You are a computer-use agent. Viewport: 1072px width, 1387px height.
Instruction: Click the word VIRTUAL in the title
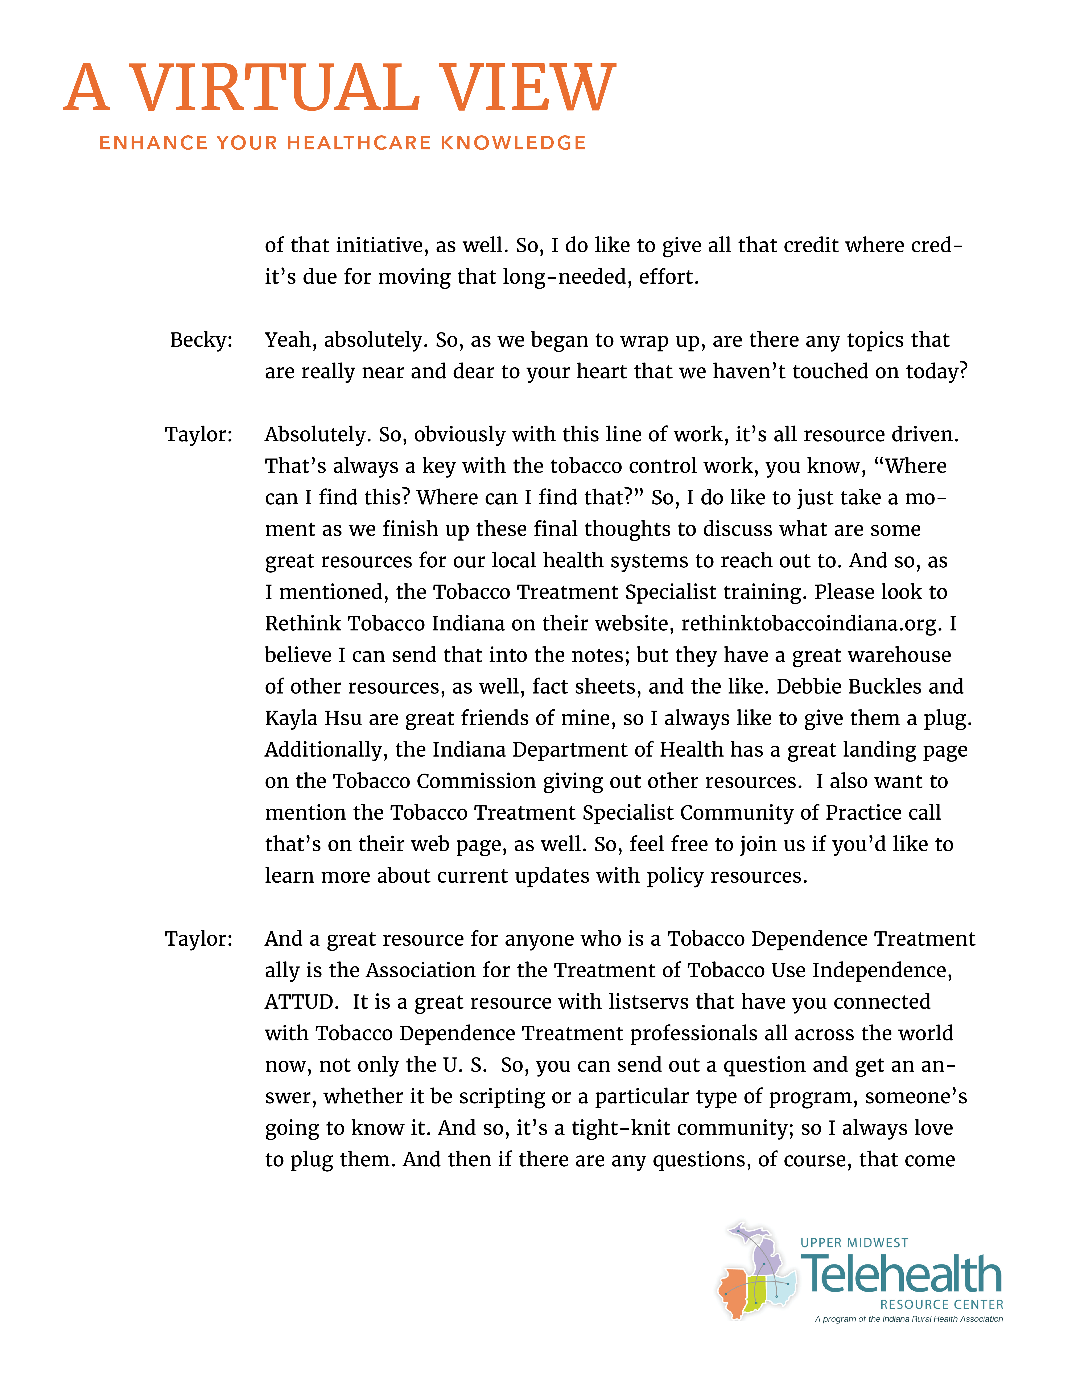pyautogui.click(x=274, y=89)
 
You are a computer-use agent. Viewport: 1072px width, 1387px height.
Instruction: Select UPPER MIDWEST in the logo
pyautogui.click(x=854, y=1243)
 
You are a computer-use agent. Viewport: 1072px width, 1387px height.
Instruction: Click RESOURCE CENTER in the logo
pyautogui.click(x=941, y=1304)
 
